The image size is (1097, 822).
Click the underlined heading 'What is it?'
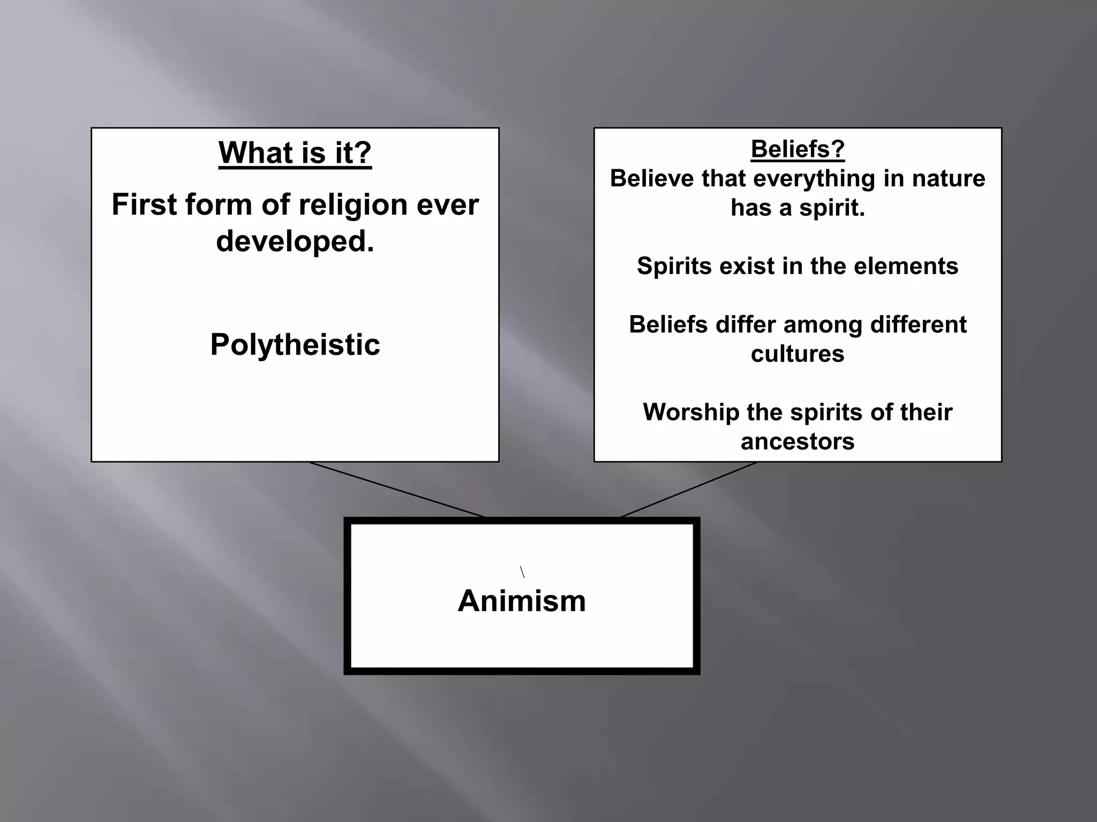tap(295, 153)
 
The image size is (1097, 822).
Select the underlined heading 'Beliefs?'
tap(798, 149)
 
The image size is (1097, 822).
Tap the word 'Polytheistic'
tap(295, 344)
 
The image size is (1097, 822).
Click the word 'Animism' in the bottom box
tap(522, 600)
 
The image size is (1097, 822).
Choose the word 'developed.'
tap(295, 241)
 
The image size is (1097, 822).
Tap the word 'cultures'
tap(798, 354)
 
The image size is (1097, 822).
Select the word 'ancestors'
tap(798, 442)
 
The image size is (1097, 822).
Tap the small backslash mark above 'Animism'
tap(522, 572)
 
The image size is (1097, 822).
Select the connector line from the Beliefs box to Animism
tap(688, 490)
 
